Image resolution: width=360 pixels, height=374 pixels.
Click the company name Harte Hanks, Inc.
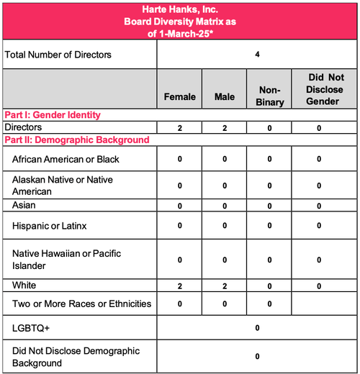179,9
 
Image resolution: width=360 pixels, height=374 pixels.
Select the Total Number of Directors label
58,54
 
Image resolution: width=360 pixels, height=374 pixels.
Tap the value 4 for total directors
257,54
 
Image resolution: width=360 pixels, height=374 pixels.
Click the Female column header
180,97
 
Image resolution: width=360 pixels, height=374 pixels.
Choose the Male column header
225,97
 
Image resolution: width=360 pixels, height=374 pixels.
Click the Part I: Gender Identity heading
52,115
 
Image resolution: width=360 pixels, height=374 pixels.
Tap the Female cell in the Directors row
180,127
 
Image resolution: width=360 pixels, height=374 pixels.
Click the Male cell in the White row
225,286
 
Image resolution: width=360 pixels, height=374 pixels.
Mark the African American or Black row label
66,158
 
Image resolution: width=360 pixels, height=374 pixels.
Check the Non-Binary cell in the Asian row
269,206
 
